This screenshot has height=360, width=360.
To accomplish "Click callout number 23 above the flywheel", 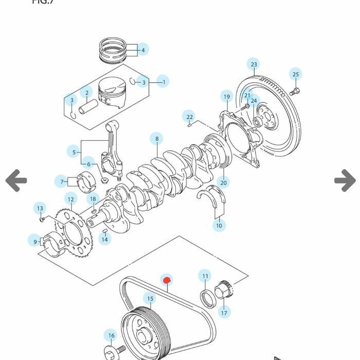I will pos(254,64).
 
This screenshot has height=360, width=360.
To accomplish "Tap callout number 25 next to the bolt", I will pos(295,75).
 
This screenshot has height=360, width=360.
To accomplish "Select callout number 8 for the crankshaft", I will pos(157,139).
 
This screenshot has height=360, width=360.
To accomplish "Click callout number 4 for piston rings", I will pos(143,50).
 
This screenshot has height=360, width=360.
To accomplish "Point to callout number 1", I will pos(163,81).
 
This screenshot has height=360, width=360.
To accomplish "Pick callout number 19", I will pos(227,97).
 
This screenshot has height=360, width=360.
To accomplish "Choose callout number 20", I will pos(223,182).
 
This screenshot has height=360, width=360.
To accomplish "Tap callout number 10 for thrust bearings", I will pos(219,225).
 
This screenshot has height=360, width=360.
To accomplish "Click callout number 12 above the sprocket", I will pos(71,200).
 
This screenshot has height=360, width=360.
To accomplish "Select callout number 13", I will pos(40,209).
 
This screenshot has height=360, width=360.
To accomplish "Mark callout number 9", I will pos(35,241).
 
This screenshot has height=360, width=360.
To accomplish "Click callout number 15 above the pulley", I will pos(150,299).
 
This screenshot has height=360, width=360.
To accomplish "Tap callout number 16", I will pos(111,336).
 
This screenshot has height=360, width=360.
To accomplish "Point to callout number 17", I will pos(224,312).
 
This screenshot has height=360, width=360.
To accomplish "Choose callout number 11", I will pos(205,276).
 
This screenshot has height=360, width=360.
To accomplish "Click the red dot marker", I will pos(166,280).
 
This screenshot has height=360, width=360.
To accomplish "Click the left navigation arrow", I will pos(16,181).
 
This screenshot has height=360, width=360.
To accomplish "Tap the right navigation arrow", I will pos(345,181).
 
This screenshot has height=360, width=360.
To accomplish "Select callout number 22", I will pos(190,117).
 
